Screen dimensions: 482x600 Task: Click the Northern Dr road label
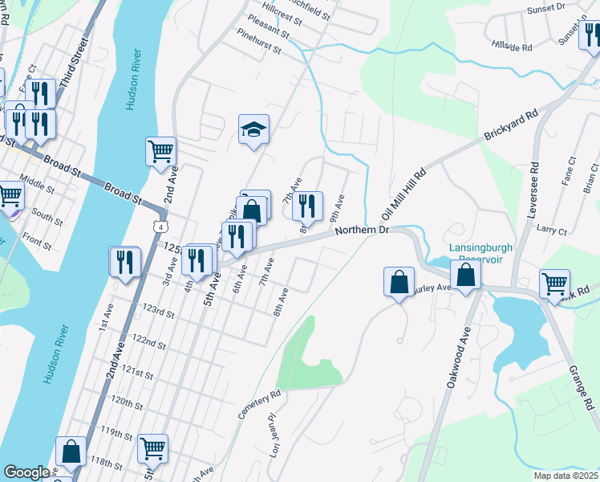point(362,230)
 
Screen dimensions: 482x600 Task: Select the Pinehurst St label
point(259,42)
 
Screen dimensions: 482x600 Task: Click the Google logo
point(27,472)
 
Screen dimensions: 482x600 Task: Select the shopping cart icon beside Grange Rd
point(555,283)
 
